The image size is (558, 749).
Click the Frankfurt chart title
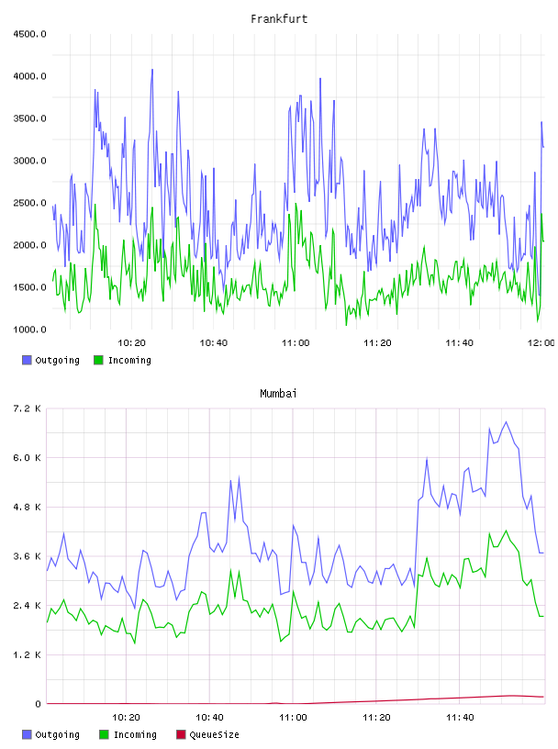[x=279, y=19]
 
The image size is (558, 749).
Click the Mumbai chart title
[x=278, y=394]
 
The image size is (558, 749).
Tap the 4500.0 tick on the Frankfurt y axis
[x=29, y=34]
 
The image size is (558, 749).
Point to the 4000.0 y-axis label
[x=29, y=76]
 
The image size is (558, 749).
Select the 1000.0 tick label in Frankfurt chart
[x=29, y=330]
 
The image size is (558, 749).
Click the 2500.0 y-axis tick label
[x=29, y=203]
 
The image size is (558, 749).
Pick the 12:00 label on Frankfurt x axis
[x=541, y=343]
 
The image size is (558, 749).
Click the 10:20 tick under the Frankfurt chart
[x=131, y=343]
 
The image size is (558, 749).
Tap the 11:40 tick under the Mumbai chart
[x=460, y=718]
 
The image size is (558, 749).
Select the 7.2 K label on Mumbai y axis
[x=27, y=408]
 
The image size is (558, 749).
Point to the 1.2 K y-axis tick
[x=27, y=654]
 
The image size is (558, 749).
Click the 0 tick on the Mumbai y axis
[x=38, y=704]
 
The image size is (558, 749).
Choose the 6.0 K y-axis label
[x=27, y=458]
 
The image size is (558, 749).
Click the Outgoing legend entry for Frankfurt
[x=50, y=360]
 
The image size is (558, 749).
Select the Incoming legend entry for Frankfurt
[x=122, y=360]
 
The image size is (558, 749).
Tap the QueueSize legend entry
[x=207, y=734]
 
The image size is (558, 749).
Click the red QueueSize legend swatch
[x=181, y=734]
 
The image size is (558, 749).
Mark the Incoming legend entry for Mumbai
[x=128, y=734]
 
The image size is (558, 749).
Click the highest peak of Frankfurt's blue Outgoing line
[x=152, y=70]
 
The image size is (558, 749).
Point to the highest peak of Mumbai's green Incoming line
[x=506, y=531]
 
